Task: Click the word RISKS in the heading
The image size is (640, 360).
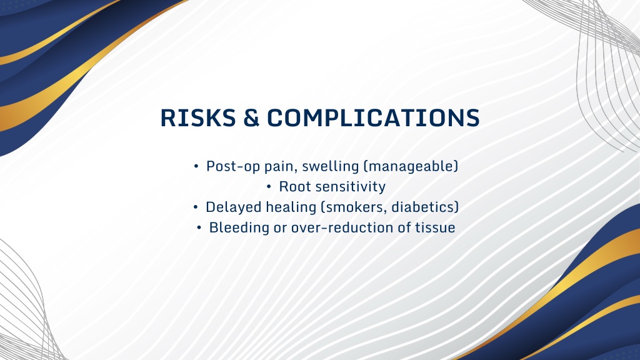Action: click(198, 118)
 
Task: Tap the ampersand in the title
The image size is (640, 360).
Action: click(251, 118)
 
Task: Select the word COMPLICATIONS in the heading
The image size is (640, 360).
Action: click(373, 118)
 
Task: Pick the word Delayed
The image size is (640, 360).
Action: click(234, 207)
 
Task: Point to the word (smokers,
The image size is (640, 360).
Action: click(354, 207)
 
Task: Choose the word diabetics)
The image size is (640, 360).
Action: click(425, 207)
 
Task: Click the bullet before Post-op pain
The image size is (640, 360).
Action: click(196, 166)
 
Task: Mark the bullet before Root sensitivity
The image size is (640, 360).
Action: click(269, 187)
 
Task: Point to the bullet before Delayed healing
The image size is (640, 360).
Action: click(196, 207)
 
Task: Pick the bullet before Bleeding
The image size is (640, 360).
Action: click(199, 227)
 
